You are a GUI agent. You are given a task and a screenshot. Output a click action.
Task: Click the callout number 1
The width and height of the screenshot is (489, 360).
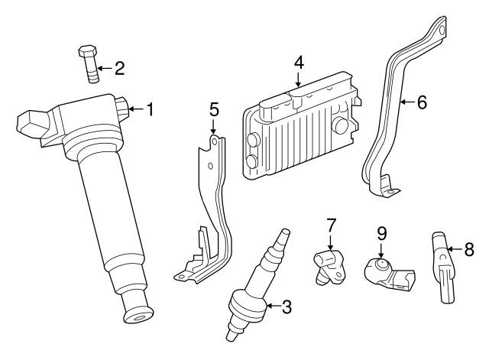click(151, 109)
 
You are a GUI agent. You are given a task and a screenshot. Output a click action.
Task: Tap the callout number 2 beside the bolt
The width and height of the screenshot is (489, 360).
click(119, 68)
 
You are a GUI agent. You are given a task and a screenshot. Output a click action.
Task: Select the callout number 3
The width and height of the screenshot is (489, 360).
click(287, 306)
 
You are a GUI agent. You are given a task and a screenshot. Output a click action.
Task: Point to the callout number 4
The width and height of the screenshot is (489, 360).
click(299, 63)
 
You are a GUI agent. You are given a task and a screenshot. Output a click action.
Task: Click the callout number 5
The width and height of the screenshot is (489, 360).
click(214, 109)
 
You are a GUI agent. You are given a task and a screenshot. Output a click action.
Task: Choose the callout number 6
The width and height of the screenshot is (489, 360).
click(422, 102)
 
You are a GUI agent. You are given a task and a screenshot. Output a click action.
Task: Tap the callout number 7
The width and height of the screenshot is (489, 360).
click(331, 225)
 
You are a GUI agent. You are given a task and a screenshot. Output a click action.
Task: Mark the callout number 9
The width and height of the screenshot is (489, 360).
click(381, 234)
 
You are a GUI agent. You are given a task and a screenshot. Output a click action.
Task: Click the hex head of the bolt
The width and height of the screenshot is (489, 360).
click(87, 51)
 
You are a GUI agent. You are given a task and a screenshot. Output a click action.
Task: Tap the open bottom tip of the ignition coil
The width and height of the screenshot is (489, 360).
click(139, 316)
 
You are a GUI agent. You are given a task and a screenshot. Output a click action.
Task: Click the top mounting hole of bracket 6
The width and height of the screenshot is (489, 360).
click(442, 30)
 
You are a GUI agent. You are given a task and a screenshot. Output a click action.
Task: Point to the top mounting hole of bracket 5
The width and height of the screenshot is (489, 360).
click(214, 141)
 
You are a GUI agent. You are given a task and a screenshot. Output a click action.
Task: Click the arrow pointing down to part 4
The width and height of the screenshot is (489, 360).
click(299, 79)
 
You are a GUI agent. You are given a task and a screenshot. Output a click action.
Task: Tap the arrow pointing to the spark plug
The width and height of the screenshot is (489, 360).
click(274, 306)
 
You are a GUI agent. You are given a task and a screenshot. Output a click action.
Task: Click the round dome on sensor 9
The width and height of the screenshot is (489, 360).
click(381, 264)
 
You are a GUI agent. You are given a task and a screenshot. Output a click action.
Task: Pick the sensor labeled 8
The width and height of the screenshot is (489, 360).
click(443, 267)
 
